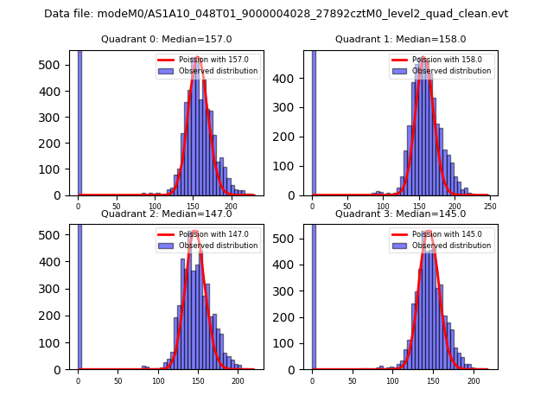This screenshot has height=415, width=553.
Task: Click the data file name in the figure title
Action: click(276, 14)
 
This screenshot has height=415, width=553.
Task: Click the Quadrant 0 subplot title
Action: click(166, 39)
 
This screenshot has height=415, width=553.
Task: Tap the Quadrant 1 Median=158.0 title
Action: click(400, 39)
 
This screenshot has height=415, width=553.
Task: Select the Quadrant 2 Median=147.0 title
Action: click(166, 214)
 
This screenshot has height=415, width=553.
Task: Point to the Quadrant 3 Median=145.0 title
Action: click(400, 214)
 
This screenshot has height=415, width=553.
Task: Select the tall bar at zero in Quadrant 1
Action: click(313, 121)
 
